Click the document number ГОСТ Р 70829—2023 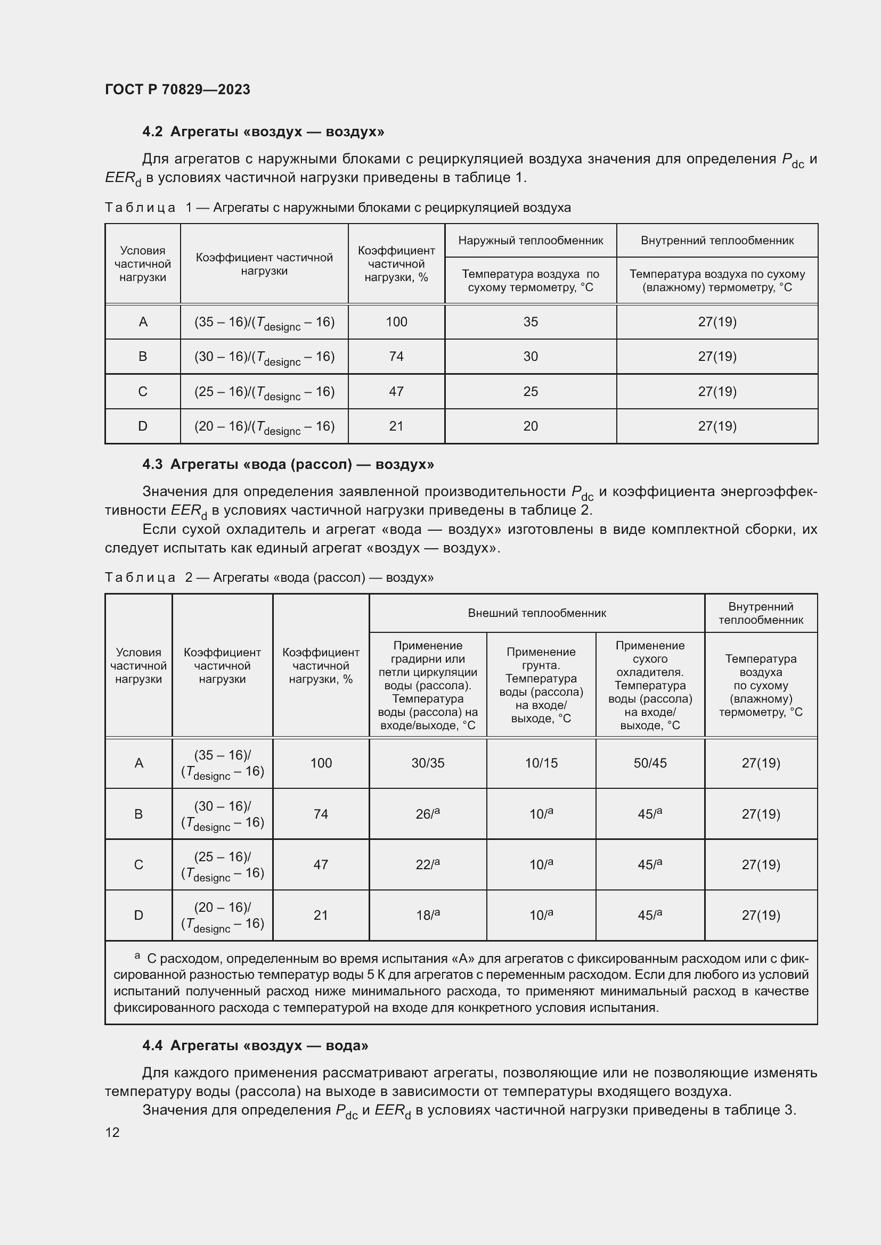177,89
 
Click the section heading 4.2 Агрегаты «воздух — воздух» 263,132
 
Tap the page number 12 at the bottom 112,1132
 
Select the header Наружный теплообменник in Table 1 530,240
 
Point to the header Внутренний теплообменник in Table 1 716,240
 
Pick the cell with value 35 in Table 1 530,322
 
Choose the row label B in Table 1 143,357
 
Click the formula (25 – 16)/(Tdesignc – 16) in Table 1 264,392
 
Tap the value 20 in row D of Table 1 530,426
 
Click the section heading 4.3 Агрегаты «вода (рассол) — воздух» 288,465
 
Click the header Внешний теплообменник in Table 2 536,613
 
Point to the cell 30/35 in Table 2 428,763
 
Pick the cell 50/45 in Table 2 650,763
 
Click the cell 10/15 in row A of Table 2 541,763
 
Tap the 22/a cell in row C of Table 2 428,864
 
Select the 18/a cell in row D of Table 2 428,916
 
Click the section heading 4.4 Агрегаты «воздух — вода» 255,1045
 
